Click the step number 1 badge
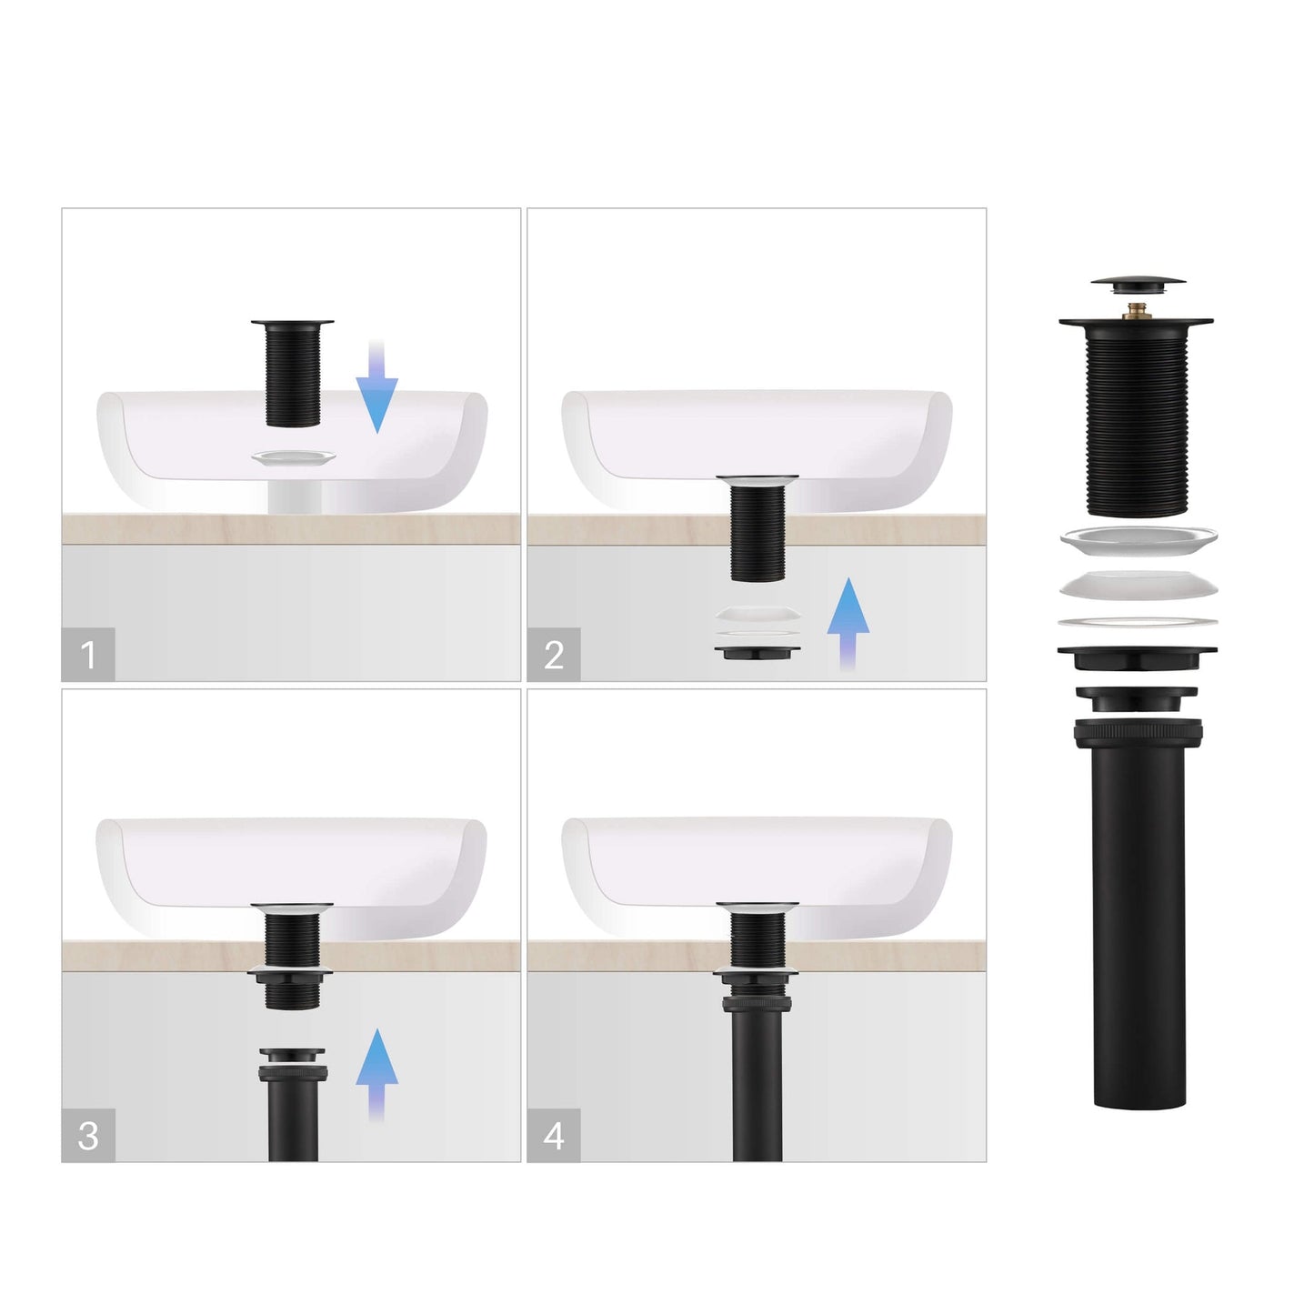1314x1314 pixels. [88, 654]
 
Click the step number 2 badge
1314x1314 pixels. [554, 654]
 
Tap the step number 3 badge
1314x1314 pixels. [88, 1135]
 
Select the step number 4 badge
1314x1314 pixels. [554, 1135]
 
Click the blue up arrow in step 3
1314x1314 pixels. [376, 1073]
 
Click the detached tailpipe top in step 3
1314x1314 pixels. [292, 1059]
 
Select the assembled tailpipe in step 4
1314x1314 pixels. [757, 1073]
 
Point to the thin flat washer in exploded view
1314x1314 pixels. [1137, 623]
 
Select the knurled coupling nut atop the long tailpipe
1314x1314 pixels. [1138, 732]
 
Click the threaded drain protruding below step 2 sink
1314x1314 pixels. [757, 532]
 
